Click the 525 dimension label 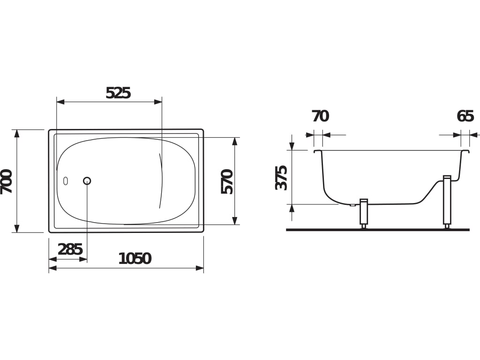click(x=118, y=93)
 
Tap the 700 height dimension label click(x=7, y=181)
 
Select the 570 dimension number click(x=227, y=181)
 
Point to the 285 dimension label click(x=70, y=249)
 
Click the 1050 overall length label click(x=135, y=259)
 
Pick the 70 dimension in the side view click(x=320, y=116)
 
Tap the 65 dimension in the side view click(x=465, y=116)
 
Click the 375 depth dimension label click(x=281, y=178)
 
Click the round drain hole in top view click(x=87, y=181)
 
